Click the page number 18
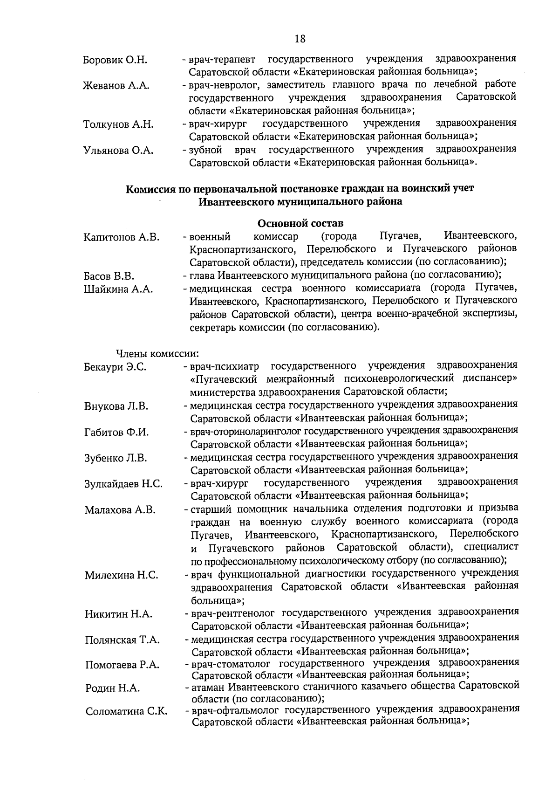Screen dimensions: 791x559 click(300, 39)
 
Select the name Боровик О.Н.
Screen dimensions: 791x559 click(115, 60)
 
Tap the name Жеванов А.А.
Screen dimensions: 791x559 click(116, 86)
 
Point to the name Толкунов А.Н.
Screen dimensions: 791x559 click(118, 124)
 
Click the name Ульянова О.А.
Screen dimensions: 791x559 click(118, 151)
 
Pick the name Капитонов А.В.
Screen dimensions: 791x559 click(122, 237)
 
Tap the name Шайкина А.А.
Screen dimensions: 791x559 click(118, 289)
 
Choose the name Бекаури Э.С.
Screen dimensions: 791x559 click(116, 367)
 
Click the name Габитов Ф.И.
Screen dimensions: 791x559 click(116, 432)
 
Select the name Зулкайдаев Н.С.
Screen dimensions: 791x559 click(123, 484)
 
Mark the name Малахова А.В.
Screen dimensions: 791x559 click(120, 510)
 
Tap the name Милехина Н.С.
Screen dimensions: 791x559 click(121, 575)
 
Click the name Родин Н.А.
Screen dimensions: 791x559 click(112, 688)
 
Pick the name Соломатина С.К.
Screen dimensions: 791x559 click(126, 712)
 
